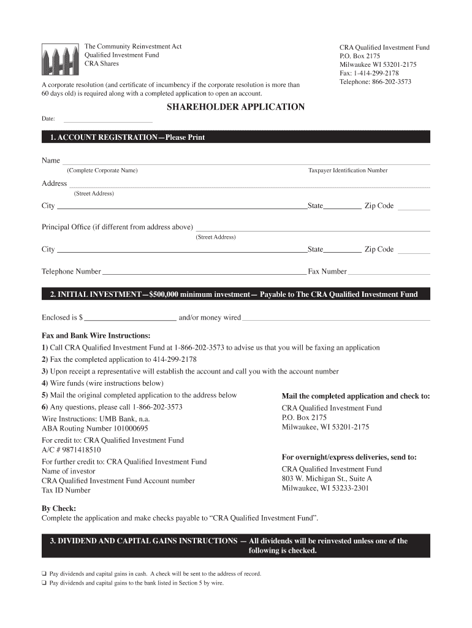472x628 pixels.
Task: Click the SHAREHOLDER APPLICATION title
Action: pyautogui.click(x=236, y=107)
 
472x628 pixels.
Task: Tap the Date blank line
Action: pyautogui.click(x=108, y=120)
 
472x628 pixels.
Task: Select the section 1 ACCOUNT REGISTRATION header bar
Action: pyautogui.click(x=236, y=137)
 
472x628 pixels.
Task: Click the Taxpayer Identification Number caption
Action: pyautogui.click(x=348, y=170)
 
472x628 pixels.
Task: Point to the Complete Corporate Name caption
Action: pyautogui.click(x=102, y=170)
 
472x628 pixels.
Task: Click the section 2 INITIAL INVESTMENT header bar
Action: pyautogui.click(x=236, y=294)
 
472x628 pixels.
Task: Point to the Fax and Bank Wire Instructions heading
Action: pyautogui.click(x=96, y=336)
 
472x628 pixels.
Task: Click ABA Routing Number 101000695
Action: pyautogui.click(x=94, y=429)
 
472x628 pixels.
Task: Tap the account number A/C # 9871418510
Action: pyautogui.click(x=71, y=450)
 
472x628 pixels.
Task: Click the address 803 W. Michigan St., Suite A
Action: pyautogui.click(x=327, y=478)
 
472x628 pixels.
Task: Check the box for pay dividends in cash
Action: pyautogui.click(x=44, y=574)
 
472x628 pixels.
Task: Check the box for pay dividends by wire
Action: pyautogui.click(x=44, y=583)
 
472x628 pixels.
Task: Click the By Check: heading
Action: pyautogui.click(x=59, y=508)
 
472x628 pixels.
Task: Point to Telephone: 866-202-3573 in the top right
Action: pyautogui.click(x=375, y=82)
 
